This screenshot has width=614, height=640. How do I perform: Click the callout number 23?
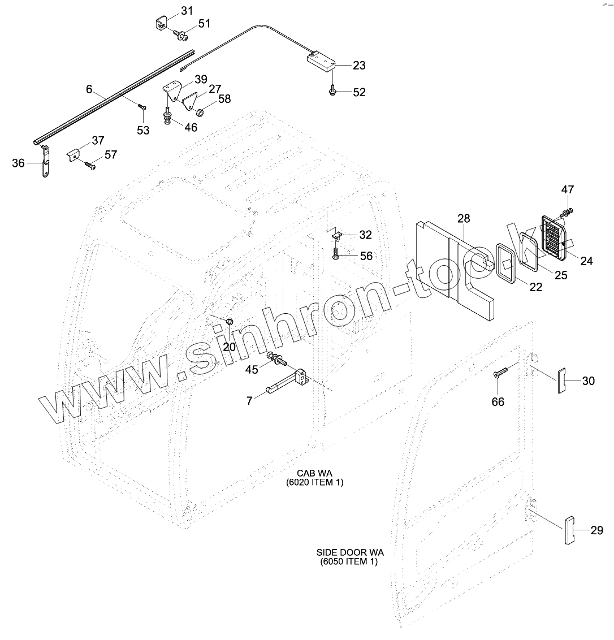359,65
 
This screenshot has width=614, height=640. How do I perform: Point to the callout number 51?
204,24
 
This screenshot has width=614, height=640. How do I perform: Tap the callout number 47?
567,189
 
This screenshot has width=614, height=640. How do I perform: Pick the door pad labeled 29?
569,530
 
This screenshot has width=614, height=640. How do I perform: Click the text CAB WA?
314,473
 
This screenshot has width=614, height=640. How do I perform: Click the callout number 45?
252,369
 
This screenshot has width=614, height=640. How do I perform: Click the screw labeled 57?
90,165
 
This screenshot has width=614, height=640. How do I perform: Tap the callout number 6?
89,89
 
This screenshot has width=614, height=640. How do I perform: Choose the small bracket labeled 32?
337,234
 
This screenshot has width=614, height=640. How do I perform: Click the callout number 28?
464,218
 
